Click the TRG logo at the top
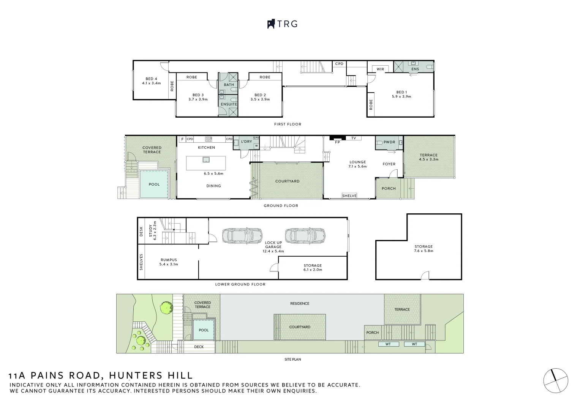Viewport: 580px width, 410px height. (x=282, y=24)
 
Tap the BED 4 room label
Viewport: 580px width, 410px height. (x=151, y=79)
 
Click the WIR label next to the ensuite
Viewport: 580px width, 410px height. (x=380, y=69)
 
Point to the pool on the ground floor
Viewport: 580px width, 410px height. (x=154, y=184)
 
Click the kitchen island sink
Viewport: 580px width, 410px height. (x=206, y=159)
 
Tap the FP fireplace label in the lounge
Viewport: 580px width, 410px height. (x=337, y=142)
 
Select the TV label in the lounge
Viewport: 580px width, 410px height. (x=354, y=138)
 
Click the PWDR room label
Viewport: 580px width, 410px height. (x=389, y=142)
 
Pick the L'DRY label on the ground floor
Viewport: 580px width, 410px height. (x=247, y=142)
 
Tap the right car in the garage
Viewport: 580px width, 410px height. (x=305, y=235)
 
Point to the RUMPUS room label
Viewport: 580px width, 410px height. (x=169, y=260)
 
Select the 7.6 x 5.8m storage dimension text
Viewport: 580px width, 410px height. (x=424, y=251)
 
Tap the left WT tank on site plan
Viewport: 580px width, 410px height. (x=388, y=344)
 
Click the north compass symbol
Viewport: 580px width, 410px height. (x=555, y=381)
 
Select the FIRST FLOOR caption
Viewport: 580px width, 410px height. (x=288, y=124)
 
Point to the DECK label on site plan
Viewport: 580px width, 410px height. (x=199, y=347)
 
